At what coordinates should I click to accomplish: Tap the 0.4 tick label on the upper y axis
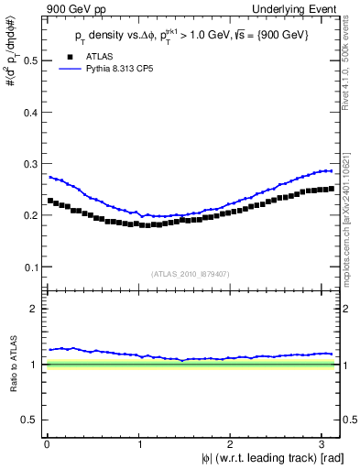tap(30, 113)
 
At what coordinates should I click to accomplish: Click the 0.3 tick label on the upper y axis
tap(30, 165)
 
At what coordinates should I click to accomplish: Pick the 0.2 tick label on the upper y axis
tap(30, 216)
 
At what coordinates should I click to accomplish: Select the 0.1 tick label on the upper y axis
tap(30, 267)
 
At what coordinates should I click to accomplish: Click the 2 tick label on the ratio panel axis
tap(35, 310)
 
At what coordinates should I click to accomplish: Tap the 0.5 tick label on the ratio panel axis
tap(30, 420)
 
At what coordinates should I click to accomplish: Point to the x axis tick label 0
tap(46, 443)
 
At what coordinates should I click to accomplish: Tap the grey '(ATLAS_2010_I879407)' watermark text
tap(191, 273)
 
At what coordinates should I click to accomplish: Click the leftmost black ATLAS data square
tap(49, 201)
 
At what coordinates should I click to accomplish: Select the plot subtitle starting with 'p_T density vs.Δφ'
tap(192, 35)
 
